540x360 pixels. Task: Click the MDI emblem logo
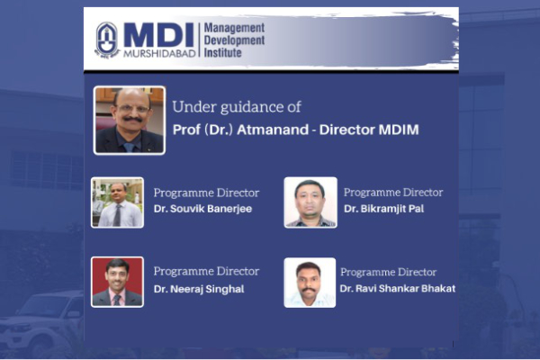coord(107,40)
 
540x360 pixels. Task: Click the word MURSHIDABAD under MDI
coord(159,53)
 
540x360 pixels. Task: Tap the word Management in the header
coord(234,28)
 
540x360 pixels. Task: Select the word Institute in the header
coord(222,53)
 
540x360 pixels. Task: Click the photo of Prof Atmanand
coord(129,121)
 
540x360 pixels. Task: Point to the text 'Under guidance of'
coord(237,107)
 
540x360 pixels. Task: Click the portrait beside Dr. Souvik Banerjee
coord(117,202)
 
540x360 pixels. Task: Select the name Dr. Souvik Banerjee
coord(202,209)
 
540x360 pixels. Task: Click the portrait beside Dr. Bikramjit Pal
coord(310,202)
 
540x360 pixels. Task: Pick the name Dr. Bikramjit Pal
coord(383,209)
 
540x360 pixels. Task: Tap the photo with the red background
coord(117,282)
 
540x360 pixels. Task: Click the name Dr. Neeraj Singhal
coord(199,289)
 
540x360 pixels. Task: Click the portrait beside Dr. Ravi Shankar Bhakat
coord(310,283)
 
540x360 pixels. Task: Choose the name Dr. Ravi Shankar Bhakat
coord(398,288)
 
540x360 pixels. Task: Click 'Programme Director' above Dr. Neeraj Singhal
coord(206,272)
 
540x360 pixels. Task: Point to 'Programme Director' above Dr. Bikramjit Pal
coord(393,193)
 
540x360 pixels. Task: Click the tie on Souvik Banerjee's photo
coord(117,215)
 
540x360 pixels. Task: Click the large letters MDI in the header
coord(158,35)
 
